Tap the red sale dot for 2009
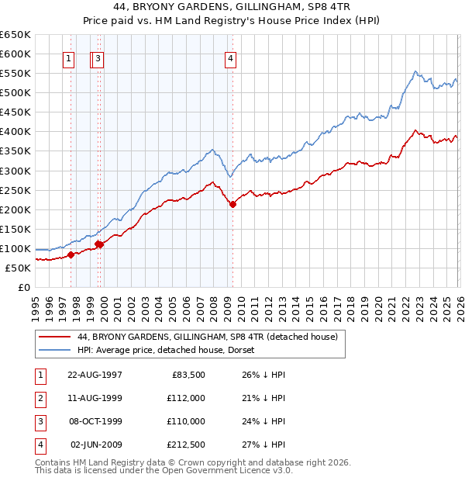tap(233, 204)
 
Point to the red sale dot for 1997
tap(71, 254)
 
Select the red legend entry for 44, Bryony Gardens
tap(207, 337)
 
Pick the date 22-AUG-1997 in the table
tap(95, 375)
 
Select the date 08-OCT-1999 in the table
tap(95, 421)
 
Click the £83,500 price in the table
tap(186, 375)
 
